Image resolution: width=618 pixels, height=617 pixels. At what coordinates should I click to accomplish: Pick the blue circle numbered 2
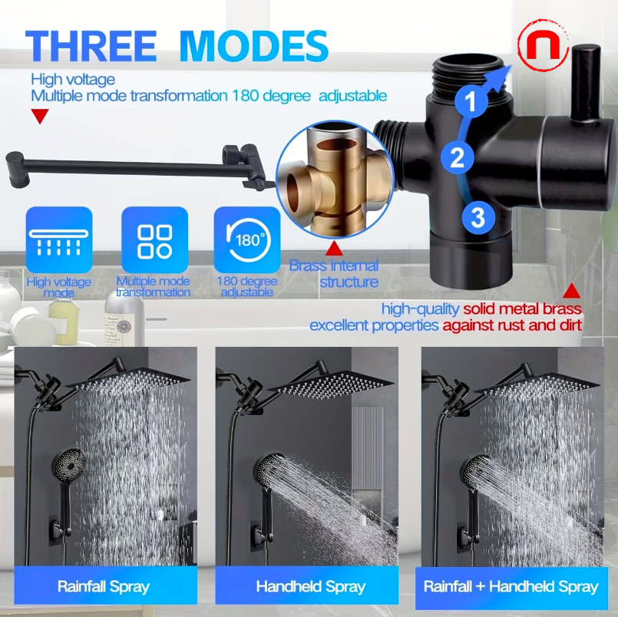coord(457,157)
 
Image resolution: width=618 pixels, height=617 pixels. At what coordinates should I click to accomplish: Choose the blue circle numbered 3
coord(478,218)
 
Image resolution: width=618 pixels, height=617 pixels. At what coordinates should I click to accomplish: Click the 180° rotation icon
coord(246,240)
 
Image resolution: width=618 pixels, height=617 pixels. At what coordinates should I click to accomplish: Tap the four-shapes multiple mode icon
coord(154,240)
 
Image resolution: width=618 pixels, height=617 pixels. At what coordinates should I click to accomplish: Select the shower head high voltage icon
coord(59,240)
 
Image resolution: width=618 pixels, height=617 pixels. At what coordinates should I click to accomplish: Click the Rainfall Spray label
coord(104,587)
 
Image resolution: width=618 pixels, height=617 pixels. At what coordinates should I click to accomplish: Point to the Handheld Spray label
coord(310,587)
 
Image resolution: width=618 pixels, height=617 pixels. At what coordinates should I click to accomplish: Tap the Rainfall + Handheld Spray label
coord(511,587)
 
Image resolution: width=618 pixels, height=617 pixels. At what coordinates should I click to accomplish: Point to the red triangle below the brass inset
coord(334,249)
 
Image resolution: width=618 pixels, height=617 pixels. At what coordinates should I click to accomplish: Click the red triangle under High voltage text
coord(40,116)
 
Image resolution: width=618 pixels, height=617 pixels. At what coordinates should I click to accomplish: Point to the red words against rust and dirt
coord(511,325)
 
